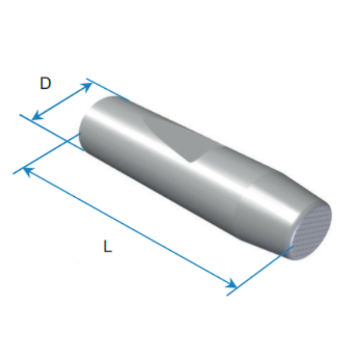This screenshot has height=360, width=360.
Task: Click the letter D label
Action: pyautogui.click(x=45, y=83)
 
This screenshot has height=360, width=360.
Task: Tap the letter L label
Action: pyautogui.click(x=107, y=246)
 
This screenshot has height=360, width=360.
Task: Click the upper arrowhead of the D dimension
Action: pyautogui.click(x=88, y=86)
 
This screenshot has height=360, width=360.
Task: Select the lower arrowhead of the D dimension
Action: pyautogui.click(x=36, y=116)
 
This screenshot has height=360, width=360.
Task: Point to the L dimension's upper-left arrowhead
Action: pyautogui.click(x=28, y=172)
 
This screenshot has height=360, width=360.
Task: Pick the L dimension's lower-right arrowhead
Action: pyautogui.click(x=232, y=284)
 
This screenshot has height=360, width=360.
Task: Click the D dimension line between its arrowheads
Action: pyautogui.click(x=62, y=101)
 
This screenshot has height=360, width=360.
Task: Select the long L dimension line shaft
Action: pyautogui.click(x=130, y=228)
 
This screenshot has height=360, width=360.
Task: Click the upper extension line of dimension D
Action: pyautogui.click(x=107, y=89)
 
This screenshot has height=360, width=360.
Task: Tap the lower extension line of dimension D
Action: pyautogui.click(x=52, y=133)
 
